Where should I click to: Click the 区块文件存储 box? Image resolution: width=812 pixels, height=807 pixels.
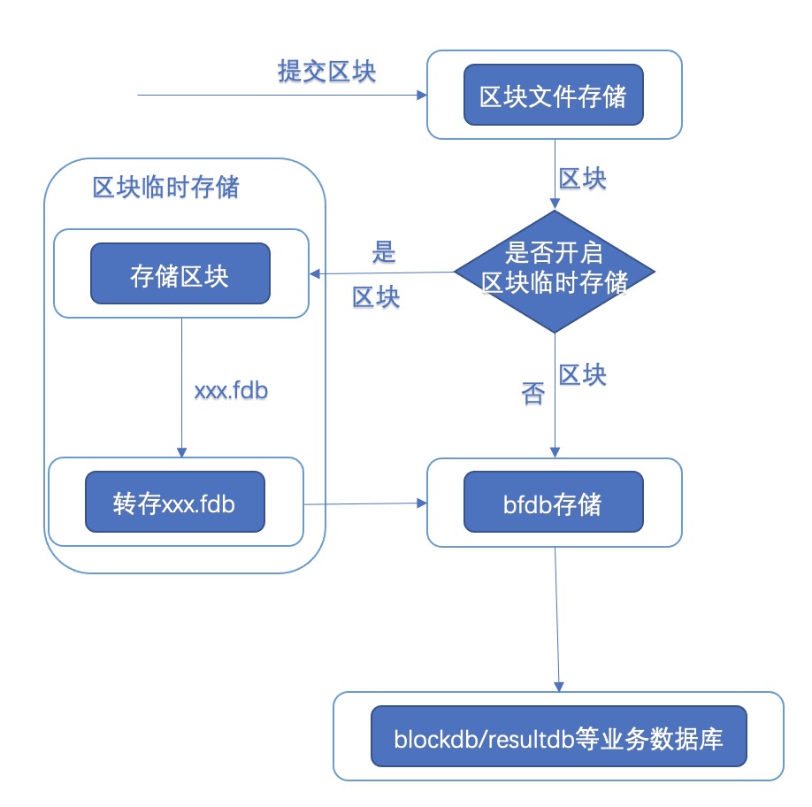click(553, 96)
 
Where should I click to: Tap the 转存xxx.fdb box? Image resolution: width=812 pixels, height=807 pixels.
click(174, 503)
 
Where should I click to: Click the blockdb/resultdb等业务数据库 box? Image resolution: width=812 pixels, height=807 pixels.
click(558, 736)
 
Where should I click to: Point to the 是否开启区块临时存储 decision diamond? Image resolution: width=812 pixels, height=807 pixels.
click(555, 271)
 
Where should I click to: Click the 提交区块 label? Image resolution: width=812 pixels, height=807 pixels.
click(326, 72)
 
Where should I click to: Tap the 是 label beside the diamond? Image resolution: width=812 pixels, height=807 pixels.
click(383, 252)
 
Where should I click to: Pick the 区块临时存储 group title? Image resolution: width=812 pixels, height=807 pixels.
click(165, 188)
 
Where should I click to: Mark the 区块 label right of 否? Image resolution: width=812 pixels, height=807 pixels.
click(583, 375)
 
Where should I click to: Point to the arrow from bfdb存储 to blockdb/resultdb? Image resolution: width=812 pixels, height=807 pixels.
click(558, 619)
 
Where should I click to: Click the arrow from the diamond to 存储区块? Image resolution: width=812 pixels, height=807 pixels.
click(381, 273)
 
